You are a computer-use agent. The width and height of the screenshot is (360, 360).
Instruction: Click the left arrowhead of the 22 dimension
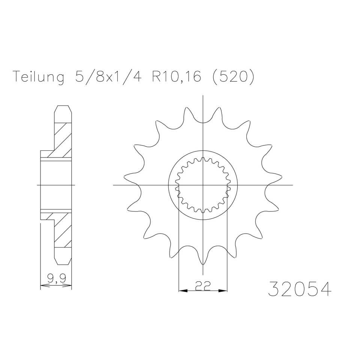tap(181, 290)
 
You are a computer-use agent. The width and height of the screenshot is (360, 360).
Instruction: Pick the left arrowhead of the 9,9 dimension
tap(43, 286)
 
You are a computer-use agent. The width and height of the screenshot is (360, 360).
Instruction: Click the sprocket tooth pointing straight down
tap(203, 261)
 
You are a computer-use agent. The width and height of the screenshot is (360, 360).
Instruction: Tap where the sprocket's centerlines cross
tap(203, 185)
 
